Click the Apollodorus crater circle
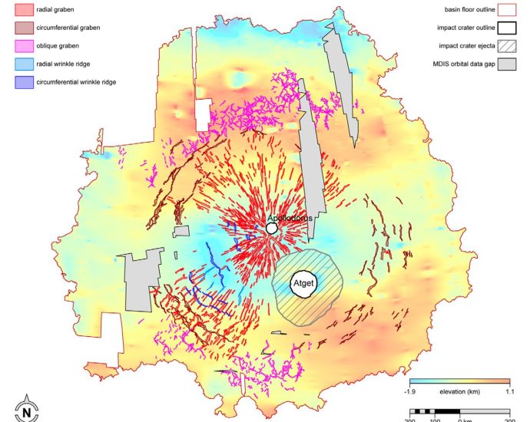point(272,229)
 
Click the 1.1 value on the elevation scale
point(508,391)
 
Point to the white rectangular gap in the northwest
point(202,115)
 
